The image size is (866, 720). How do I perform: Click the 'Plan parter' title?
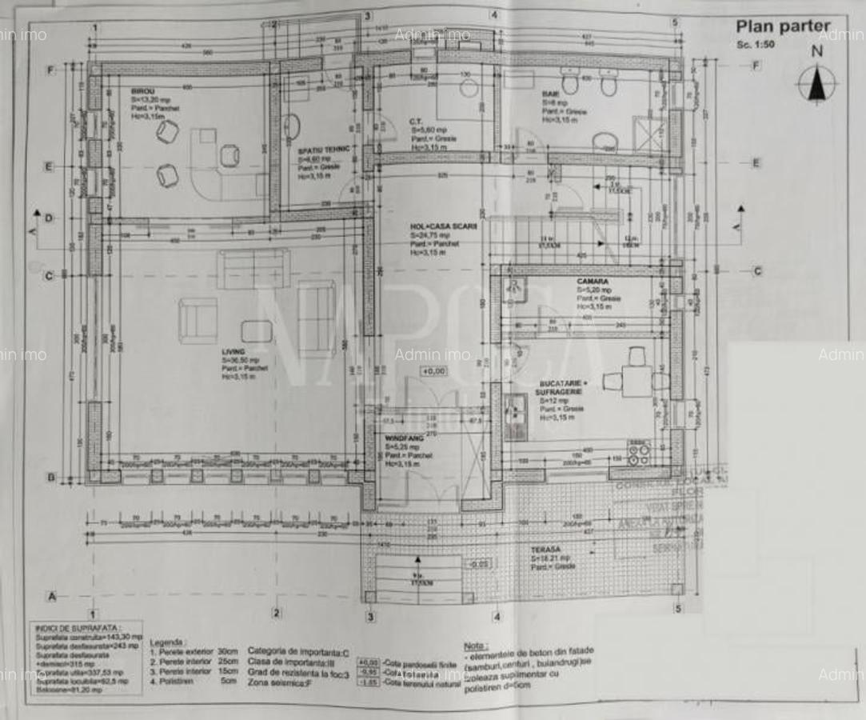pos(782,27)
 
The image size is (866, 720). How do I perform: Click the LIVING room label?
pos(233,350)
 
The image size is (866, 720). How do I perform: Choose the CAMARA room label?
pos(593,282)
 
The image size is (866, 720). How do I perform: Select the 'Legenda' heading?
pos(169,642)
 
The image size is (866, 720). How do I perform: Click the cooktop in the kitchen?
pos(638,453)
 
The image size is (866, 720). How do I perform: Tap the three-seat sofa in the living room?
pos(253,268)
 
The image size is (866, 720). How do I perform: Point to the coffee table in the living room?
pos(256,331)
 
